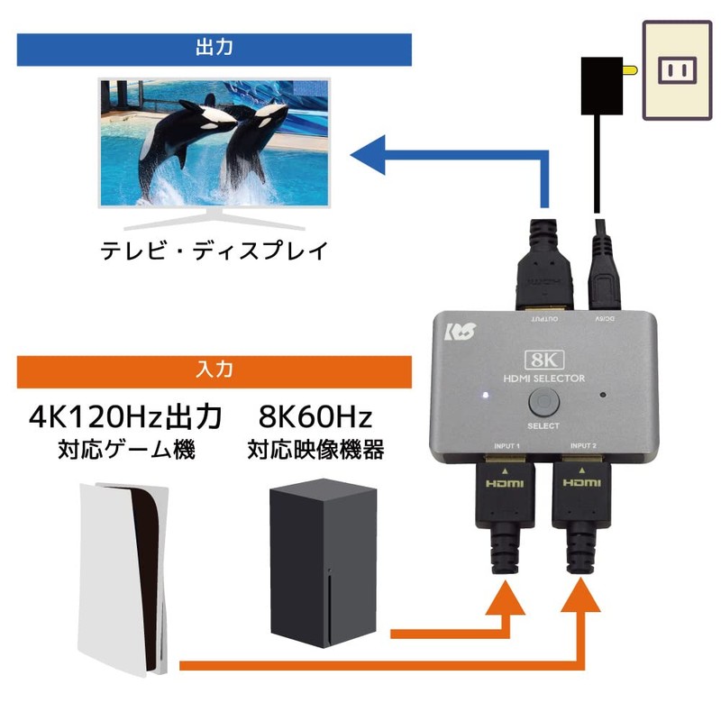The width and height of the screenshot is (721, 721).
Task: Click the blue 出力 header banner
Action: pyautogui.click(x=214, y=49)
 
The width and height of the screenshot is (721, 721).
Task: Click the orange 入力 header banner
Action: pyautogui.click(x=214, y=370)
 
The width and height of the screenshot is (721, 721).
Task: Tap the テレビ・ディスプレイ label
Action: pyautogui.click(x=213, y=251)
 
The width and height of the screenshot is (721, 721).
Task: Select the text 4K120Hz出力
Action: pyautogui.click(x=125, y=417)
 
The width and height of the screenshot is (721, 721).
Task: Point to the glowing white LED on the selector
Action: pyautogui.click(x=485, y=395)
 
